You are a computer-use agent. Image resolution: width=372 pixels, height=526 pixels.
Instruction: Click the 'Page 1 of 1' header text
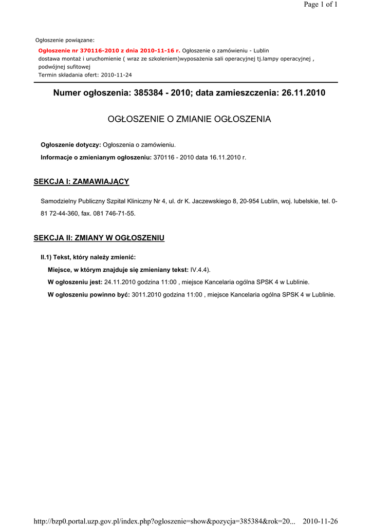(321, 5)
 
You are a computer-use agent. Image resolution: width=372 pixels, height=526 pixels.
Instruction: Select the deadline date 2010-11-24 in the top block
(117, 74)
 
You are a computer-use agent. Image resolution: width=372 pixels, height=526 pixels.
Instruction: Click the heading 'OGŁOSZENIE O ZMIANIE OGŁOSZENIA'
(189, 119)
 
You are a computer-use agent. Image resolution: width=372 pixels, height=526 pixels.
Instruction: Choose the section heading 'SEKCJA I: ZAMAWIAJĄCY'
(81, 181)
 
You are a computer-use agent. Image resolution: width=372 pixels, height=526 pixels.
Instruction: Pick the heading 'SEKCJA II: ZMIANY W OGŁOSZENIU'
(99, 238)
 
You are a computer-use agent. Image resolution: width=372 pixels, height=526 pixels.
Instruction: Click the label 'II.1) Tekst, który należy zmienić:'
(88, 257)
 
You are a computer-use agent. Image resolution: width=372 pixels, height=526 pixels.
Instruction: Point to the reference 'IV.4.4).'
(200, 270)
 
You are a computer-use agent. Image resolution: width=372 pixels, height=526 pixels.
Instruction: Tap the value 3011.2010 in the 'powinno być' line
(146, 295)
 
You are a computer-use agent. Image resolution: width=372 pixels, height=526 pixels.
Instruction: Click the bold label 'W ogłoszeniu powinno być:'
(88, 295)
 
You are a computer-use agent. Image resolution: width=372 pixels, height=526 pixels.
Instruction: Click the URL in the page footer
(164, 521)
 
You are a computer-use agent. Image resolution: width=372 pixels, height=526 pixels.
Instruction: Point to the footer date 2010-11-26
(320, 521)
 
